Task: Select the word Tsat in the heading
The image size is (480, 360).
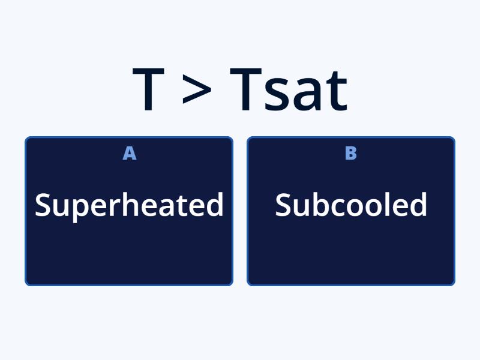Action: tap(289, 90)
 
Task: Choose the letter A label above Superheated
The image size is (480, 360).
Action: tap(129, 154)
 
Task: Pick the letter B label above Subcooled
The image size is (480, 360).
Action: tap(351, 154)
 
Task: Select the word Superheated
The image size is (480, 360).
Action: tap(129, 205)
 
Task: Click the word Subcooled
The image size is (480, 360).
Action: tap(351, 205)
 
